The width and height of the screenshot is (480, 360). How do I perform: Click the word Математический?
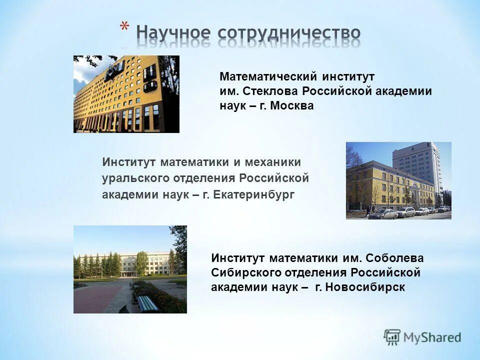click(268, 77)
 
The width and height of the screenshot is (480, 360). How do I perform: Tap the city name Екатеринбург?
click(254, 194)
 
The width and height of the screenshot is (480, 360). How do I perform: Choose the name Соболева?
click(394, 258)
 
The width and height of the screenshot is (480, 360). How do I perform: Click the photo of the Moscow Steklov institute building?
click(126, 94)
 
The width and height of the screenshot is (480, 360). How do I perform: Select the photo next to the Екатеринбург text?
click(398, 180)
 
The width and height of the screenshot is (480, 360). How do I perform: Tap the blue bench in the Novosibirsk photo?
click(148, 303)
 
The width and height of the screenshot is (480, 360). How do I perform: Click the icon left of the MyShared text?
click(392, 337)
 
